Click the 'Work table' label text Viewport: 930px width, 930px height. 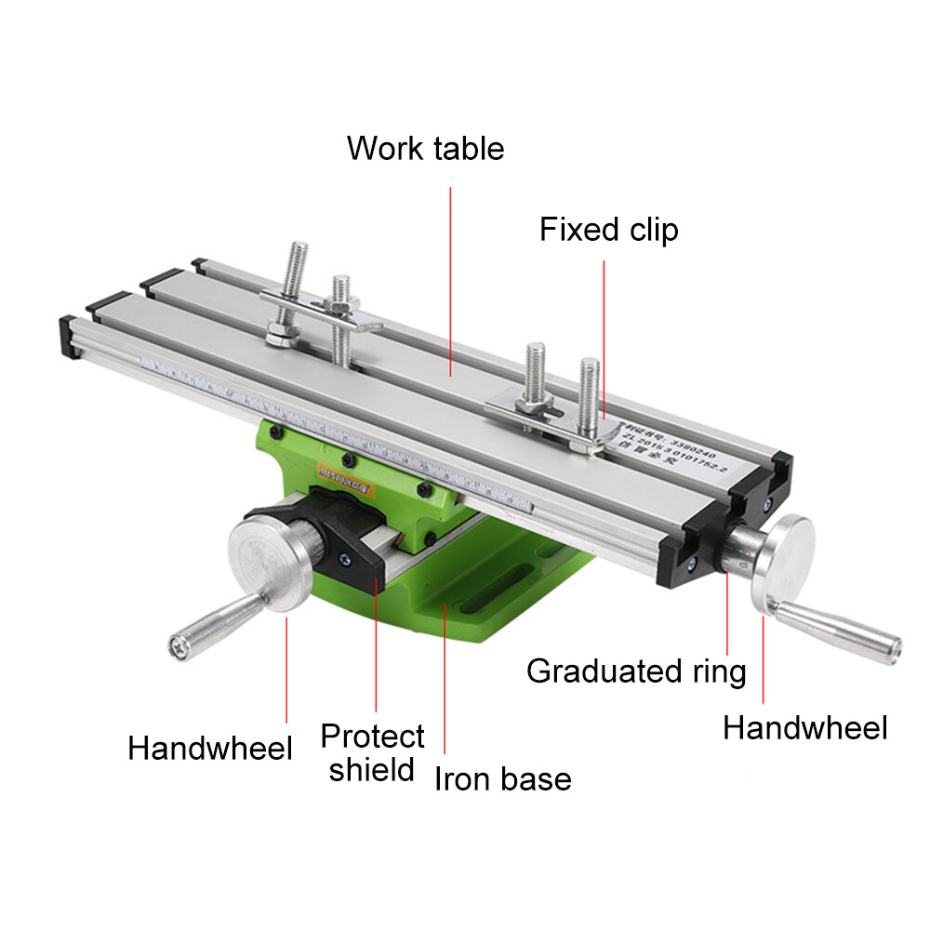(425, 149)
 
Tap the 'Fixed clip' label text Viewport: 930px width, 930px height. (609, 230)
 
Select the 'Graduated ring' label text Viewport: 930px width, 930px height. (636, 671)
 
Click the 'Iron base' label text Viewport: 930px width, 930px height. (503, 778)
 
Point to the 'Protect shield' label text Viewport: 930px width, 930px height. (372, 752)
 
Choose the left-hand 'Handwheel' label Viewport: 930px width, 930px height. (210, 748)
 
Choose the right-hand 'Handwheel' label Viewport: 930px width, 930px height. (805, 727)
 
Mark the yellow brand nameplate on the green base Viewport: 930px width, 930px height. (341, 471)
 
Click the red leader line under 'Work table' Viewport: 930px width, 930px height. (451, 279)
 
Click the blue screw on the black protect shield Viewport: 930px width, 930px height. (345, 559)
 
